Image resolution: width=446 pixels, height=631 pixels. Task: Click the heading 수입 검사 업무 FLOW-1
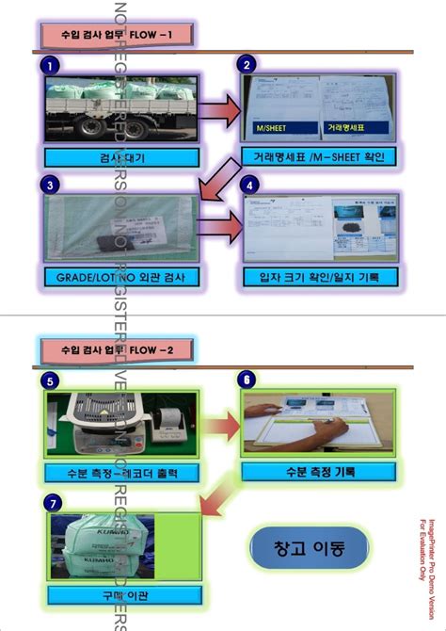(117, 37)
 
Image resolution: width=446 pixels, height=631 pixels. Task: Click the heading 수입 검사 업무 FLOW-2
(116, 350)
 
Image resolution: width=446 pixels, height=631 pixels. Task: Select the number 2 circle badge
(247, 65)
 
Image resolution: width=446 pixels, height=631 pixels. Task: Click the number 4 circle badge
(247, 186)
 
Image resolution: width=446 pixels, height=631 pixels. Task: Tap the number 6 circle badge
(247, 380)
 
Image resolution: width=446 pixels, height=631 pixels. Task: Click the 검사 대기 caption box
(121, 156)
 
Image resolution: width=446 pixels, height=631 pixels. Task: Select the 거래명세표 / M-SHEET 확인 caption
(320, 154)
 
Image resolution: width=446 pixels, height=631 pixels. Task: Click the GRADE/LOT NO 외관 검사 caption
(121, 277)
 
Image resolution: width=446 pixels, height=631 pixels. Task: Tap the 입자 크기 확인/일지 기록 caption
(320, 277)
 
